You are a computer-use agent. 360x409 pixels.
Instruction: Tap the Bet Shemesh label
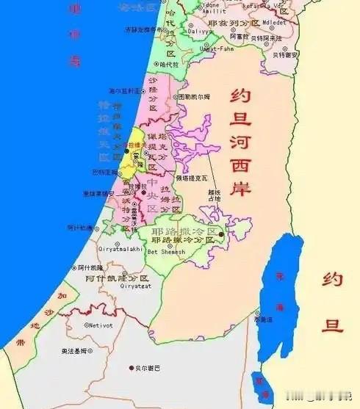pyautogui.click(x=163, y=252)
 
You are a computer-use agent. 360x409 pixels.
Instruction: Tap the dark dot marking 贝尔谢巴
pyautogui.click(x=132, y=367)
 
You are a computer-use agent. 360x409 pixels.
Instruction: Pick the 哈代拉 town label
pyautogui.click(x=168, y=64)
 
